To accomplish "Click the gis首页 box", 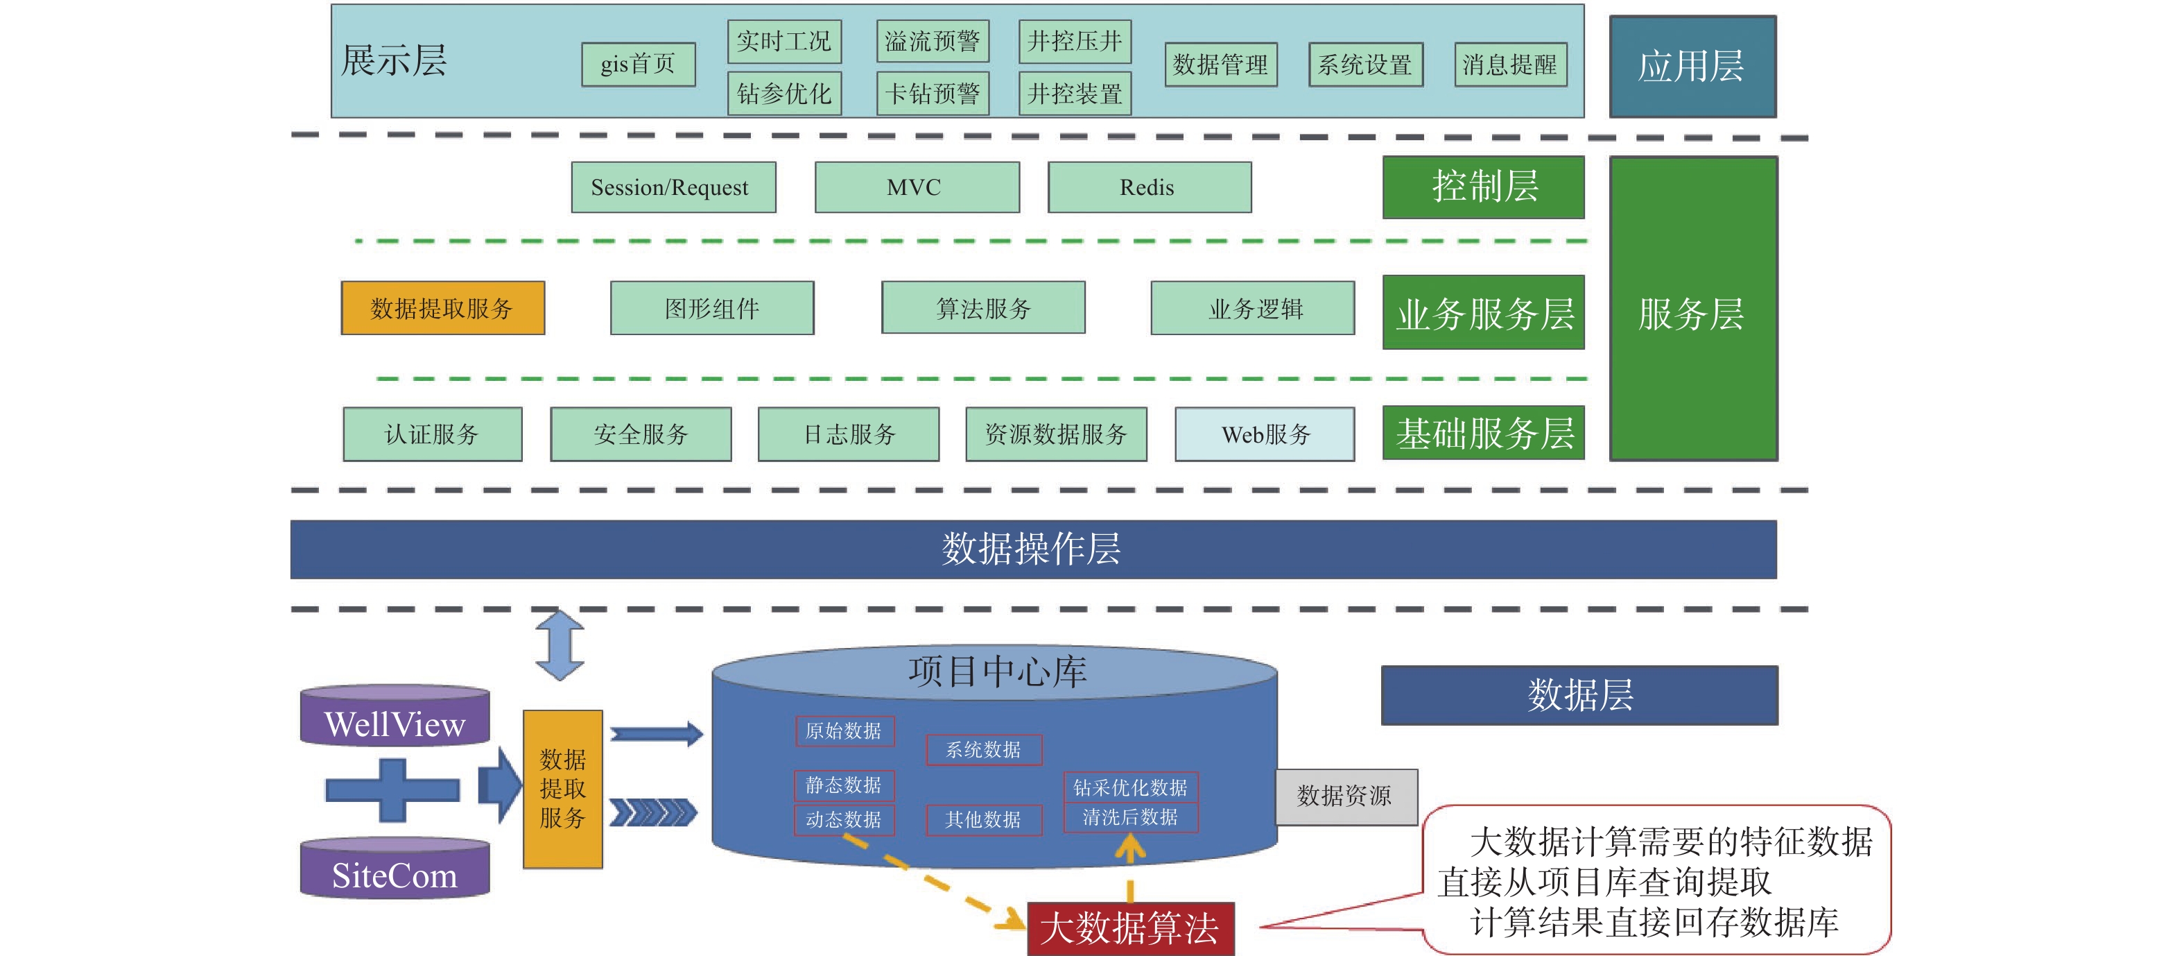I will click(638, 65).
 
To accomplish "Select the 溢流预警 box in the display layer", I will click(932, 42).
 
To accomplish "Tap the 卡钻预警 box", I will click(932, 93).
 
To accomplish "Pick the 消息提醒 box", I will click(1509, 65).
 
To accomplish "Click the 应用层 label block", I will click(1692, 66).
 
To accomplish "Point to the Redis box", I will click(1149, 187).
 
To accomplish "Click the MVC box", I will click(917, 187).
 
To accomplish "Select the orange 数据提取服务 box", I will click(442, 308).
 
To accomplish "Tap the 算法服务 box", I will click(982, 308).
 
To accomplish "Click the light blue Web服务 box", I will click(1264, 434).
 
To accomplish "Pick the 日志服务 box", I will click(848, 434).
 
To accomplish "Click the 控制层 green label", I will click(1483, 187).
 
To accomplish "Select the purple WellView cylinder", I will click(395, 717).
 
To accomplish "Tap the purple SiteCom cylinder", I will click(395, 869).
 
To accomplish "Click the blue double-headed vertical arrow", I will click(560, 645).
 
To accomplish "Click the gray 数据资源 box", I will click(1346, 796).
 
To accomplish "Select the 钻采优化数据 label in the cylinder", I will click(1130, 787).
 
